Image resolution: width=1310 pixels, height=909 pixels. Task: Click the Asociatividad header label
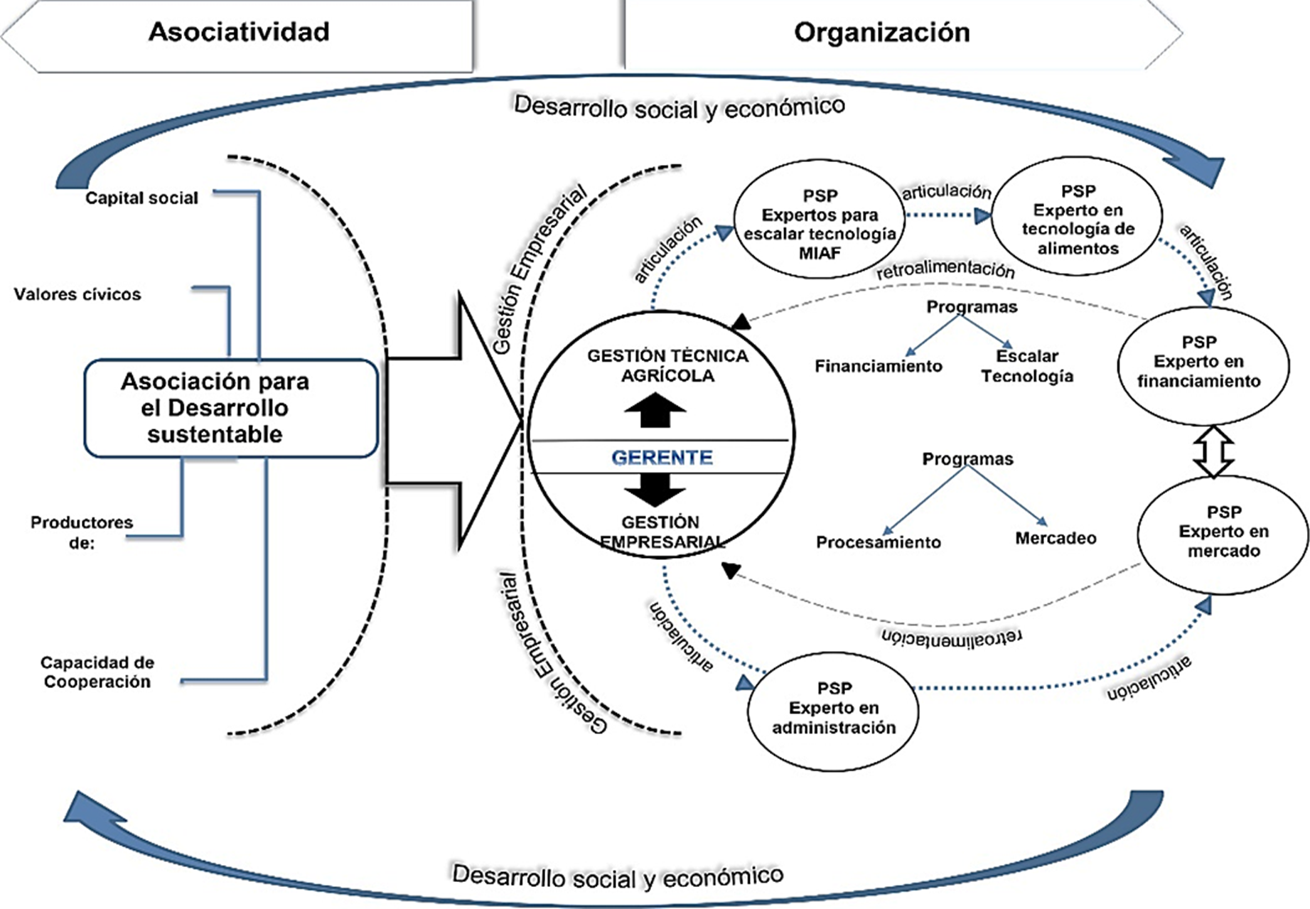[x=239, y=33]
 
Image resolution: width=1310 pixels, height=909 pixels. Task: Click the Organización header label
[x=881, y=33]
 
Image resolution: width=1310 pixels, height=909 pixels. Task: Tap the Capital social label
[x=141, y=198]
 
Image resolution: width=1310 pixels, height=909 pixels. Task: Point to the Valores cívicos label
[x=77, y=294]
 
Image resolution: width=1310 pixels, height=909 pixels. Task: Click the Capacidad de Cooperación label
[x=97, y=672]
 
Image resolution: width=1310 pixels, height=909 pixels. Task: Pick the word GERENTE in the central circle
[x=662, y=457]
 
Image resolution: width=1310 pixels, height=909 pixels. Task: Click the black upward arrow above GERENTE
[x=655, y=410]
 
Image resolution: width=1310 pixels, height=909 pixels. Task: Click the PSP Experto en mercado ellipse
[x=1223, y=532]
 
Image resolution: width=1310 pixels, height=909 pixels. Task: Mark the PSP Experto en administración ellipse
[x=833, y=709]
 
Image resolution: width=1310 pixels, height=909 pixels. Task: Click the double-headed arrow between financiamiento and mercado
[x=1213, y=452]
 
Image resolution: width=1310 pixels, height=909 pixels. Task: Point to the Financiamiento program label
[x=879, y=367]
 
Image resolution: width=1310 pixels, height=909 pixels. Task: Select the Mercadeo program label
[x=1056, y=539]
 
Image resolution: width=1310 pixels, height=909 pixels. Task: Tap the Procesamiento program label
[x=879, y=543]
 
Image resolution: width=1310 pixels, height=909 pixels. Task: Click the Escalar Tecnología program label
[x=1027, y=366]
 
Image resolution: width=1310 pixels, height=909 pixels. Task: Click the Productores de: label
[x=82, y=532]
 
